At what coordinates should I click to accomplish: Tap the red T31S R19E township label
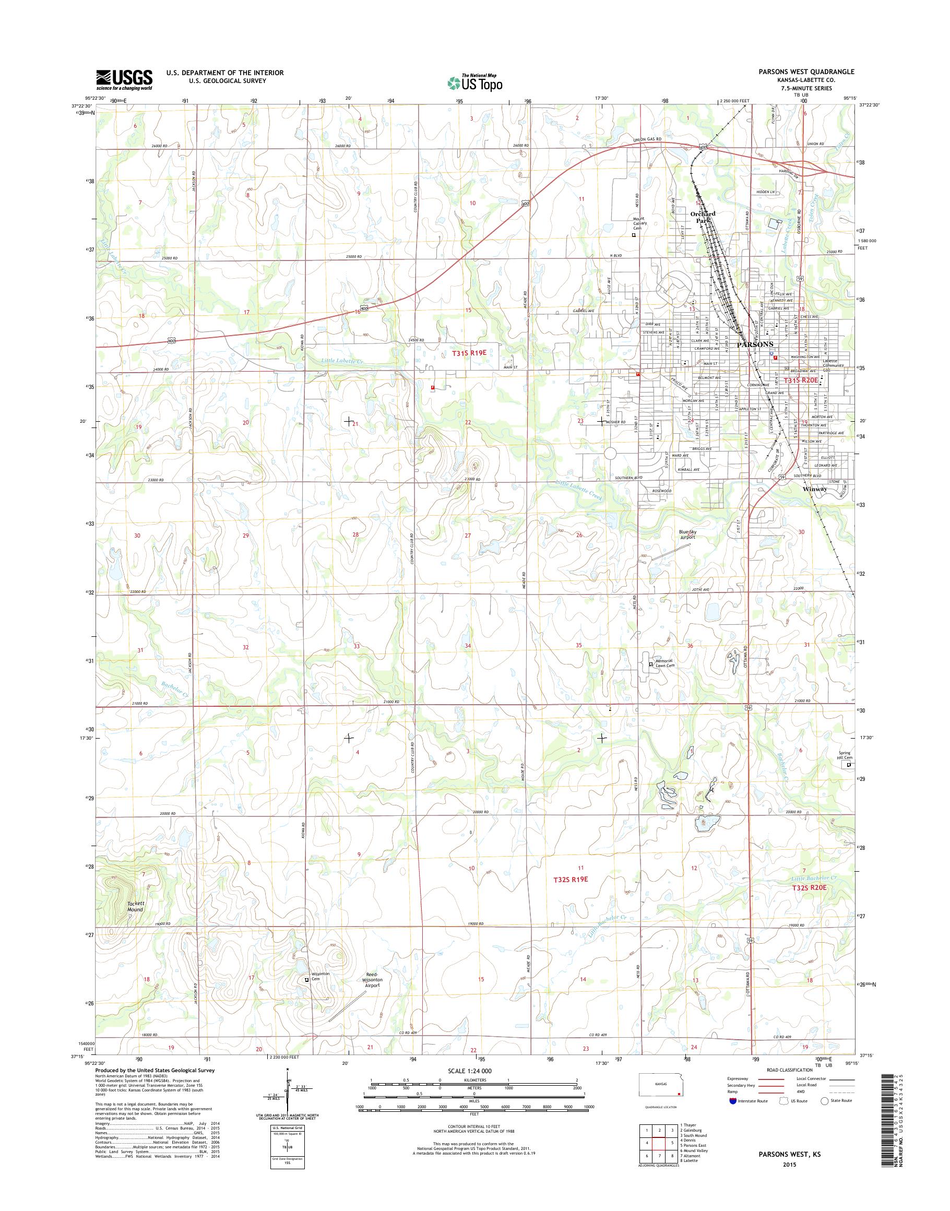[469, 352]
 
